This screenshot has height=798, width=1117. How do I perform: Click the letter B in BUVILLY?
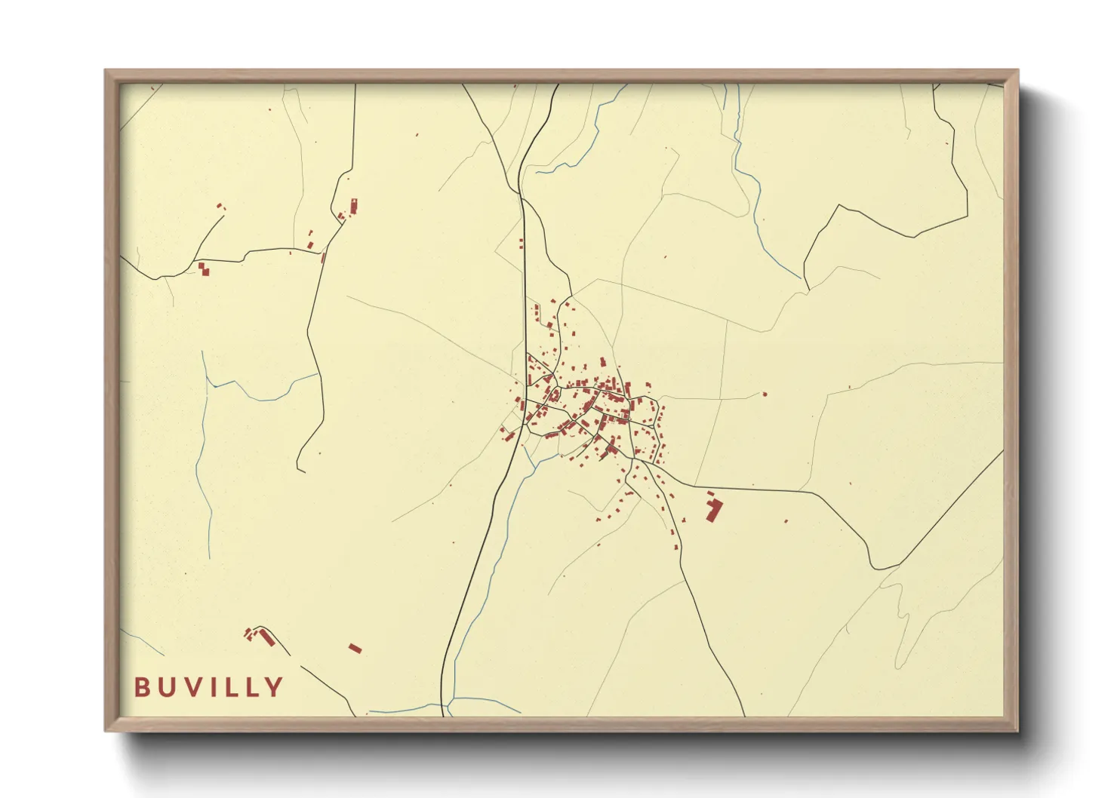tap(142, 687)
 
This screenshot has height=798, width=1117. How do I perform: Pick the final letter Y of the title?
tap(274, 687)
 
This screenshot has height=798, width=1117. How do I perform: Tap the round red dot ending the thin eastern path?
tap(765, 394)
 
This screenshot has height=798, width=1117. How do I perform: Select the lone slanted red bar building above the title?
tap(355, 648)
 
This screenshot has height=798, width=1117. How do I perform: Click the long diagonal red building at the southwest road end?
tap(265, 637)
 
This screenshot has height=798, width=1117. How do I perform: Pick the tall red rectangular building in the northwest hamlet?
tap(353, 206)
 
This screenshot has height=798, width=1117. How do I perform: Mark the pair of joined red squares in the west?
tap(203, 269)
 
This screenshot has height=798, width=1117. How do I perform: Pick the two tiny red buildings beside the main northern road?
tap(521, 244)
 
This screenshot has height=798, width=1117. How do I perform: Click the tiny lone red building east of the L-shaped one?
tap(786, 521)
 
